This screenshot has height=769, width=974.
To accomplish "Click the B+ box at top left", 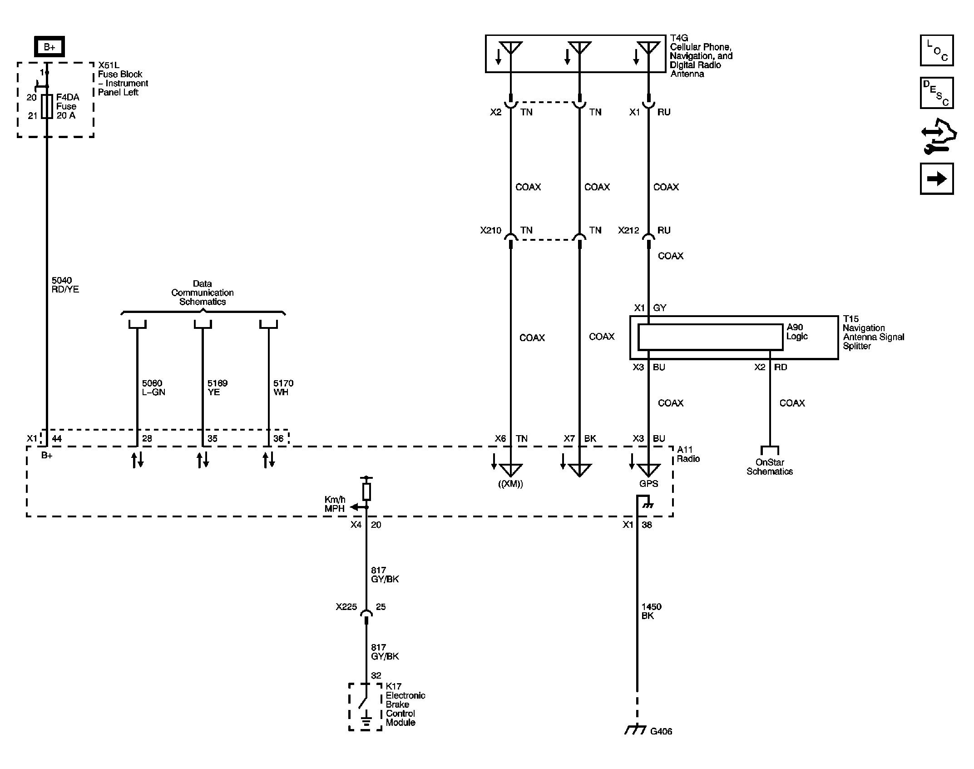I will pyautogui.click(x=49, y=47).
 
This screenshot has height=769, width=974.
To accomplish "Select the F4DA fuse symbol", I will pyautogui.click(x=47, y=106).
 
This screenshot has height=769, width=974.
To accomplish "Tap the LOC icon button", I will pyautogui.click(x=936, y=50).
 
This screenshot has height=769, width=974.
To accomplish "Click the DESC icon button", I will pyautogui.click(x=936, y=93).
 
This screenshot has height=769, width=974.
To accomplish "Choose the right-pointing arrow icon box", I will pyautogui.click(x=936, y=179).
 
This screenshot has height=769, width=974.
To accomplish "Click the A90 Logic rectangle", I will pyautogui.click(x=710, y=337).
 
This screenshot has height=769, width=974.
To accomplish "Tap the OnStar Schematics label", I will pyautogui.click(x=769, y=467).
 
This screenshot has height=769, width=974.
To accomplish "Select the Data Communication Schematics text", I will pyautogui.click(x=203, y=293).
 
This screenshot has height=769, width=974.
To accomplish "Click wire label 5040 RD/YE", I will pyautogui.click(x=65, y=285).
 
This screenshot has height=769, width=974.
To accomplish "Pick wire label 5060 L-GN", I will pyautogui.click(x=153, y=387).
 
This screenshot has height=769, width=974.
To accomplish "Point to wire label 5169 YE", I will pyautogui.click(x=218, y=387).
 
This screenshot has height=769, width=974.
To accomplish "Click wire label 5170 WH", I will pyautogui.click(x=283, y=387).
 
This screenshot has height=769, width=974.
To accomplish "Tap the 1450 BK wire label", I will pyautogui.click(x=651, y=611).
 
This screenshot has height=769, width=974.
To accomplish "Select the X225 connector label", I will pyautogui.click(x=346, y=607).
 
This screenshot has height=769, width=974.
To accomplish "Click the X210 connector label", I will pyautogui.click(x=490, y=230).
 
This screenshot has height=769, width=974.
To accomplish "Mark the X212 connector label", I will pyautogui.click(x=628, y=230).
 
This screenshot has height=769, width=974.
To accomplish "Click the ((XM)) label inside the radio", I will pyautogui.click(x=510, y=484).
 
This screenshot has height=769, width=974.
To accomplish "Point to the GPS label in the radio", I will pyautogui.click(x=648, y=484).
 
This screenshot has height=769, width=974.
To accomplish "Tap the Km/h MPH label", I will pyautogui.click(x=335, y=504).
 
